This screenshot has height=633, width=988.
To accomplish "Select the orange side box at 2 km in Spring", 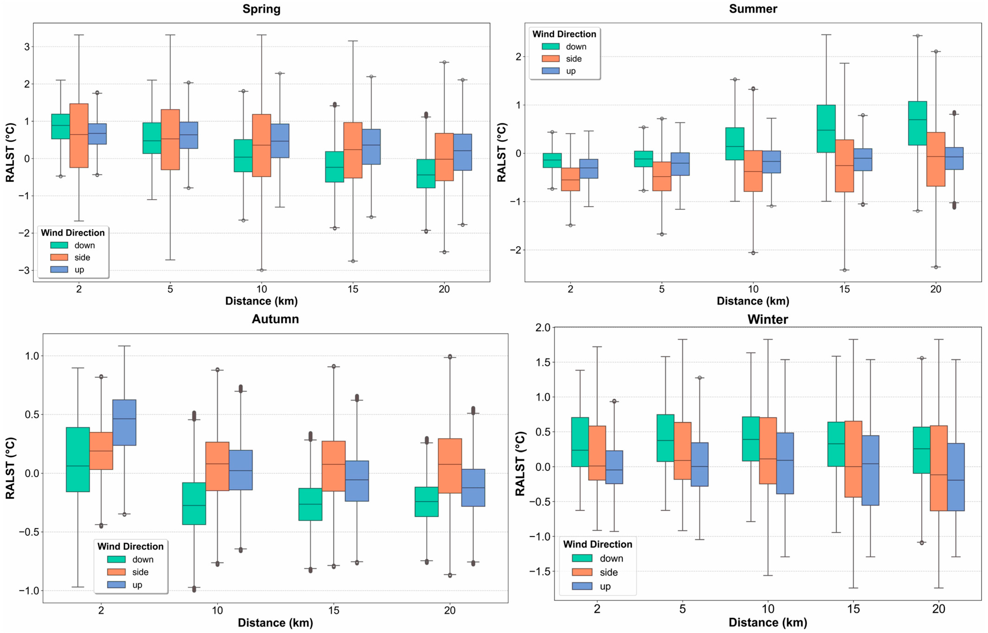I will [x=79, y=136].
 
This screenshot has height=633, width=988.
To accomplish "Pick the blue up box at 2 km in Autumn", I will [x=125, y=422].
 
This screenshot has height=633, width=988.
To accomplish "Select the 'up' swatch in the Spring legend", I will [x=59, y=270].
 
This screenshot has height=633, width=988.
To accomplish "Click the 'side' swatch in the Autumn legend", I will [x=116, y=572].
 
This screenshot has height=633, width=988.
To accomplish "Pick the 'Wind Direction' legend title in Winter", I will [x=598, y=544].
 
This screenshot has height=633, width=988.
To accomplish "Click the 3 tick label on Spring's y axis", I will [x=27, y=47].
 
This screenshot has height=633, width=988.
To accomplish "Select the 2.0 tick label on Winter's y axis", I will [x=543, y=328].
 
